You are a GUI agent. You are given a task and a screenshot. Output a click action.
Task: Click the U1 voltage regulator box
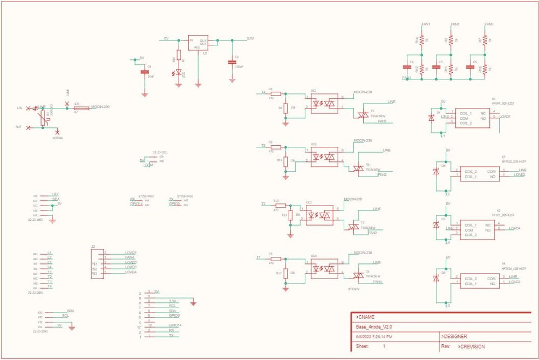coord(197,43)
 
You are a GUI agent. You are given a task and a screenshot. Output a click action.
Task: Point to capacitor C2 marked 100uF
coord(232,62)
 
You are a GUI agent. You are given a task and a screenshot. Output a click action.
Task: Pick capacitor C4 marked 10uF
coord(144,71)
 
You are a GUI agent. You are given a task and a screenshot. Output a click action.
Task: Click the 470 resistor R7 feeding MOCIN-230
coord(77,108)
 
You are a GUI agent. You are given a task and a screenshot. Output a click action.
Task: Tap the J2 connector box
coord(98,263)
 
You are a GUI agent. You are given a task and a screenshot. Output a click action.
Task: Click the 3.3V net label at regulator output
coord(250,39)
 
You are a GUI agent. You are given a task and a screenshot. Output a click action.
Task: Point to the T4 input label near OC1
coord(263,92)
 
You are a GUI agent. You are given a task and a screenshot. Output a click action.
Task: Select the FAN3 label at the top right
coord(489,24)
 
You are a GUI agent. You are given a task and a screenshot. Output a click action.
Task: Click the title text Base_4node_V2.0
coord(374,327)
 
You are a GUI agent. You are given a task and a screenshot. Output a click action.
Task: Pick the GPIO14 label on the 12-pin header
coord(175,325)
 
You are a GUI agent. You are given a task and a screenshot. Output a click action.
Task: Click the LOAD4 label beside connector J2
coord(131,272)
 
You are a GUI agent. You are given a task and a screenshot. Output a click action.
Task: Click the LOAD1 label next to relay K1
coord(505,117)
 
